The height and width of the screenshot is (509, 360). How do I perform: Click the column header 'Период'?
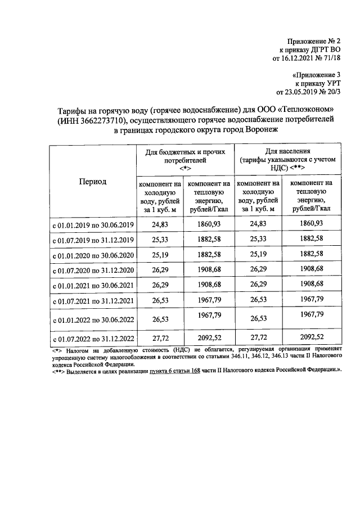[x=92, y=181]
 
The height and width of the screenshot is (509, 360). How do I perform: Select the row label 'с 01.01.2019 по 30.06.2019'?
[x=93, y=225]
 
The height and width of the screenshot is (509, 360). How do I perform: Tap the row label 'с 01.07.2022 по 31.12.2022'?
[x=93, y=339]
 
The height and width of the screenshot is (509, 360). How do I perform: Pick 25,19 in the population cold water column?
[x=258, y=255]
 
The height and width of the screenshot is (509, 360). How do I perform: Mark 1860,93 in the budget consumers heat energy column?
[x=209, y=224]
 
